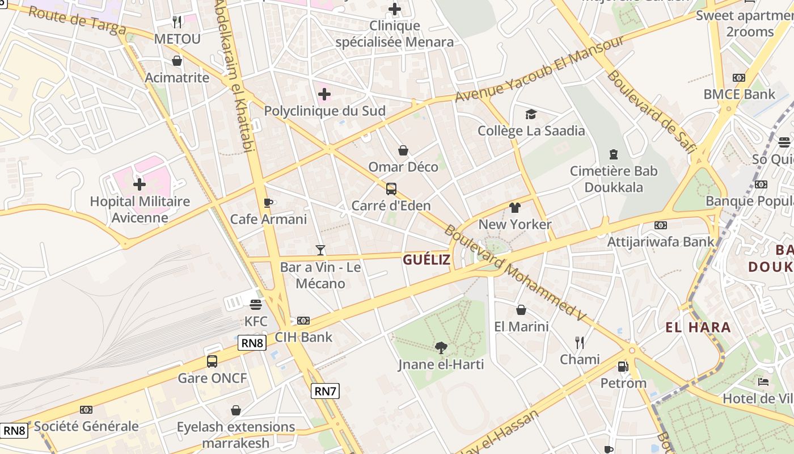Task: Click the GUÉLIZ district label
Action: tap(426, 260)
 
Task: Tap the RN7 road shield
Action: tap(326, 390)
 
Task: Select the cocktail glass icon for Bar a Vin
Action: tap(320, 250)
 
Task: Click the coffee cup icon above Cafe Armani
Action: tap(268, 203)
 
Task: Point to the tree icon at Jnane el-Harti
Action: tap(441, 347)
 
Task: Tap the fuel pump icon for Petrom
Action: tap(623, 367)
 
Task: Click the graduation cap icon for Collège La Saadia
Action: tap(531, 114)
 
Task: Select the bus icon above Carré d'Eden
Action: tap(391, 189)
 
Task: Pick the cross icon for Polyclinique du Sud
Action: tap(324, 94)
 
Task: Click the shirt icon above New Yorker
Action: tap(514, 208)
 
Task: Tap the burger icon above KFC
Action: tap(256, 304)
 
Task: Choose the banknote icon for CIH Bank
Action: tap(303, 321)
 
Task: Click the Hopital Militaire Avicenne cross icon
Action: tap(140, 184)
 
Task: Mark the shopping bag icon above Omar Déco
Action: tap(403, 150)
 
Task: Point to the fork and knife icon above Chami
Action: tap(579, 342)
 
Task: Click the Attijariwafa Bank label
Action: tap(661, 242)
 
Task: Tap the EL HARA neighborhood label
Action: tap(698, 327)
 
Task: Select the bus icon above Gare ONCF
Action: tap(212, 361)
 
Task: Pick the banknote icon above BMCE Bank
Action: tap(738, 78)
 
